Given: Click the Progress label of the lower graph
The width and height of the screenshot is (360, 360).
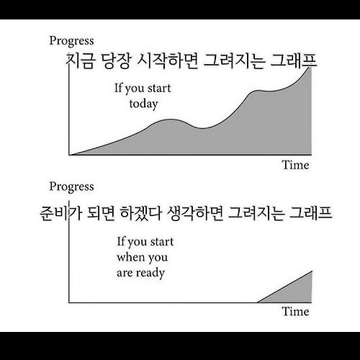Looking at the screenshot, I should [x=70, y=186].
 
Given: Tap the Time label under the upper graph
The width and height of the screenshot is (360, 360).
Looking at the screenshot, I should [x=295, y=165].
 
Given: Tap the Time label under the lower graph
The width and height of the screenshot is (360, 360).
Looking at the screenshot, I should [x=295, y=312].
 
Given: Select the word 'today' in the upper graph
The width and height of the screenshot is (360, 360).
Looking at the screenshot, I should [x=143, y=104].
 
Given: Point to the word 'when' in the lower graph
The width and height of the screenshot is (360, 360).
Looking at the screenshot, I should [x=130, y=257].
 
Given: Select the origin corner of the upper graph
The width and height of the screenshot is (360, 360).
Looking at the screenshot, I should [x=68, y=155].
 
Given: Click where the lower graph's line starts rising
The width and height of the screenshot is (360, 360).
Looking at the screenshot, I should [x=257, y=302].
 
